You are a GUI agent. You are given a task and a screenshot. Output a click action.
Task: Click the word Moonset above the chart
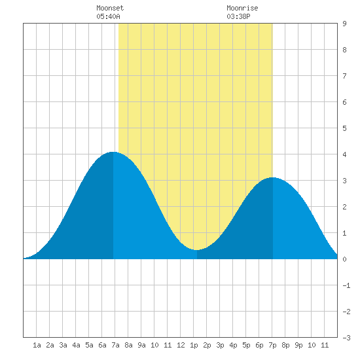pyautogui.click(x=110, y=8)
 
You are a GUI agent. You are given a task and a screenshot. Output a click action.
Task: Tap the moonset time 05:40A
pyautogui.click(x=108, y=16)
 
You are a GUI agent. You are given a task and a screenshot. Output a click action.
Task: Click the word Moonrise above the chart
pyautogui.click(x=242, y=8)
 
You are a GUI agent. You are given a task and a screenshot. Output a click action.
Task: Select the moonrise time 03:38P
pyautogui.click(x=238, y=16)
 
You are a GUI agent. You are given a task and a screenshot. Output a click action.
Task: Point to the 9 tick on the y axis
pyautogui.click(x=344, y=24)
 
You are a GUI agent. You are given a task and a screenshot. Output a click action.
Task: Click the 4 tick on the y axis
pyautogui.click(x=344, y=154)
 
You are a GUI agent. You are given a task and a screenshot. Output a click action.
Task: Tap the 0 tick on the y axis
pyautogui.click(x=344, y=259)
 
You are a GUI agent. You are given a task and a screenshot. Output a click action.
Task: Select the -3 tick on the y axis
pyautogui.click(x=346, y=338)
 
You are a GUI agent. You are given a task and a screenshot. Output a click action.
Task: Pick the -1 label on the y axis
pyautogui.click(x=346, y=285)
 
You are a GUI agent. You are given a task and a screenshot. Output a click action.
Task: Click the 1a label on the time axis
pyautogui.click(x=37, y=345)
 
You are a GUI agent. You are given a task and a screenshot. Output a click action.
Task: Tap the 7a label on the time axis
pyautogui.click(x=115, y=345)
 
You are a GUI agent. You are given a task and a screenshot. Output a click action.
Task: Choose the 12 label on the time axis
pyautogui.click(x=181, y=345)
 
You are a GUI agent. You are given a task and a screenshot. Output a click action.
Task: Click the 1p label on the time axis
pyautogui.click(x=194, y=345)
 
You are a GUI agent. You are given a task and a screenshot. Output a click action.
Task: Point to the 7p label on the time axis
pyautogui.click(x=272, y=345)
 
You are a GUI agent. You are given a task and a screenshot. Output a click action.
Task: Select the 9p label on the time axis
pyautogui.click(x=298, y=345)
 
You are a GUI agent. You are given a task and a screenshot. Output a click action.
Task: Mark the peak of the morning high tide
pyautogui.click(x=113, y=152)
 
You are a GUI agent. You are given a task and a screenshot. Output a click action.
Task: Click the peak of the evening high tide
pyautogui.click(x=272, y=177)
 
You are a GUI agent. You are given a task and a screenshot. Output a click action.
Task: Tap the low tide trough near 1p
pyautogui.click(x=197, y=250)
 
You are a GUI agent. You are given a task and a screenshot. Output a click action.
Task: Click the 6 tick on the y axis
pyautogui.click(x=344, y=102)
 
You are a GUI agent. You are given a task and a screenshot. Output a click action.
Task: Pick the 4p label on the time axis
pyautogui.click(x=233, y=345)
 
